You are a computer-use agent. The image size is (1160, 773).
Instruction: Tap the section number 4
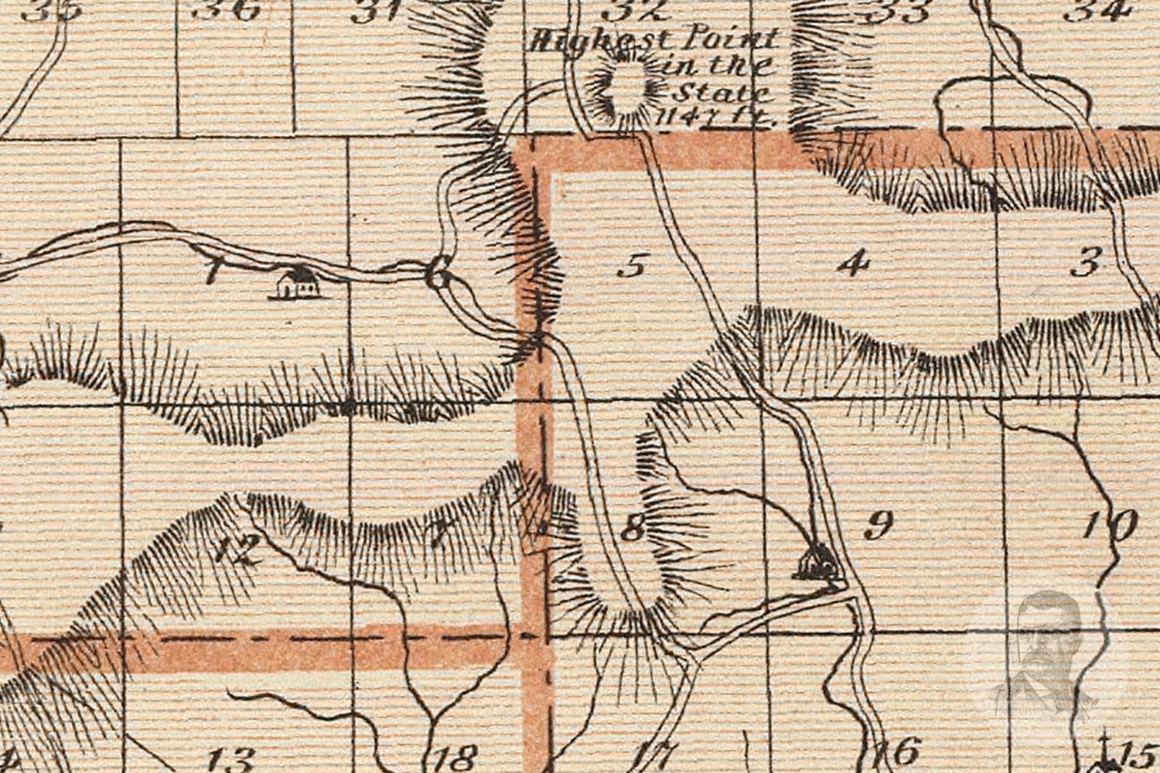[x=853, y=264]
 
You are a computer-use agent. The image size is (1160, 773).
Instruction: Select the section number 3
[x=1086, y=264]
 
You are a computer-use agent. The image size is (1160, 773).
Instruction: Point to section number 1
[x=211, y=272]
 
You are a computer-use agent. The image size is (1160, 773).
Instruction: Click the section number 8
[x=633, y=529]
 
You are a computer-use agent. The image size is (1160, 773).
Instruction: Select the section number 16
[x=898, y=751]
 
